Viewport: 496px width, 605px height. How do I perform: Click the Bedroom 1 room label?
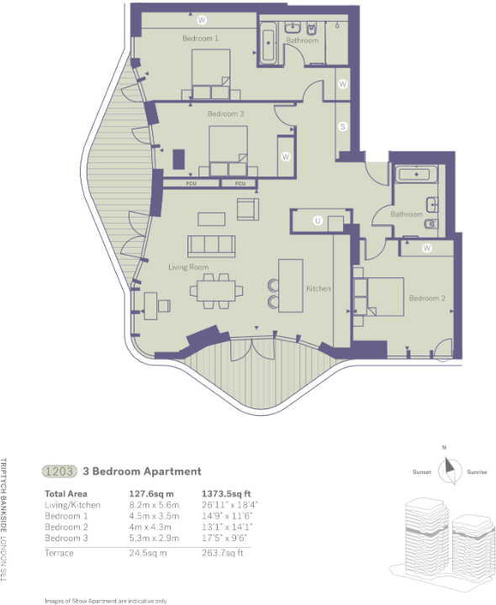(x=200, y=39)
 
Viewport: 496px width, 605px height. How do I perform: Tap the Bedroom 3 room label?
(x=225, y=113)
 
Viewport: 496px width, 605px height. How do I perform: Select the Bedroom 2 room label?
(x=426, y=298)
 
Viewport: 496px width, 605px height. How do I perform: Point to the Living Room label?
(x=188, y=267)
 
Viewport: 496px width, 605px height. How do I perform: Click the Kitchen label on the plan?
(x=318, y=288)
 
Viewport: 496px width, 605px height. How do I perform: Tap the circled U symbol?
(x=318, y=220)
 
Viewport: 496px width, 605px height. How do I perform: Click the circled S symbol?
(x=343, y=126)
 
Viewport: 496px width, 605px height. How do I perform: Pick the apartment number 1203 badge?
(x=61, y=471)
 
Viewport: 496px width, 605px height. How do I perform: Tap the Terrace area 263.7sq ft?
(x=221, y=553)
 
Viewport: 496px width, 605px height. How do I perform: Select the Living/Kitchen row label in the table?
(x=72, y=505)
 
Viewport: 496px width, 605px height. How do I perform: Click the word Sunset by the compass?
(x=422, y=472)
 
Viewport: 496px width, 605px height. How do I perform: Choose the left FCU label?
(x=192, y=183)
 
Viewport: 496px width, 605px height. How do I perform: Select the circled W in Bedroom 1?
(x=202, y=18)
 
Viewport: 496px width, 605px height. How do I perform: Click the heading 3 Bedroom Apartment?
(x=141, y=471)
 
